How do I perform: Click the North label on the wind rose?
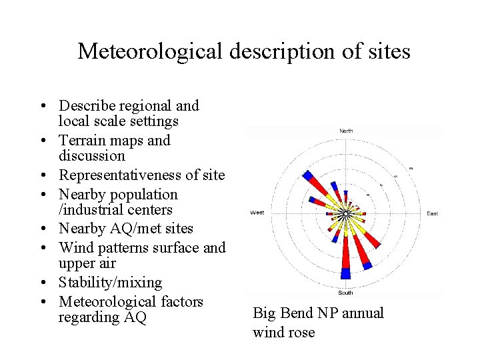346,131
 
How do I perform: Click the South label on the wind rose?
345,293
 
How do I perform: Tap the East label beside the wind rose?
432,213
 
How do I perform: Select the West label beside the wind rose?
257,213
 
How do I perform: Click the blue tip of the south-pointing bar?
345,273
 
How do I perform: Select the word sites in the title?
387,51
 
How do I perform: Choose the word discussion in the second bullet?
91,156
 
